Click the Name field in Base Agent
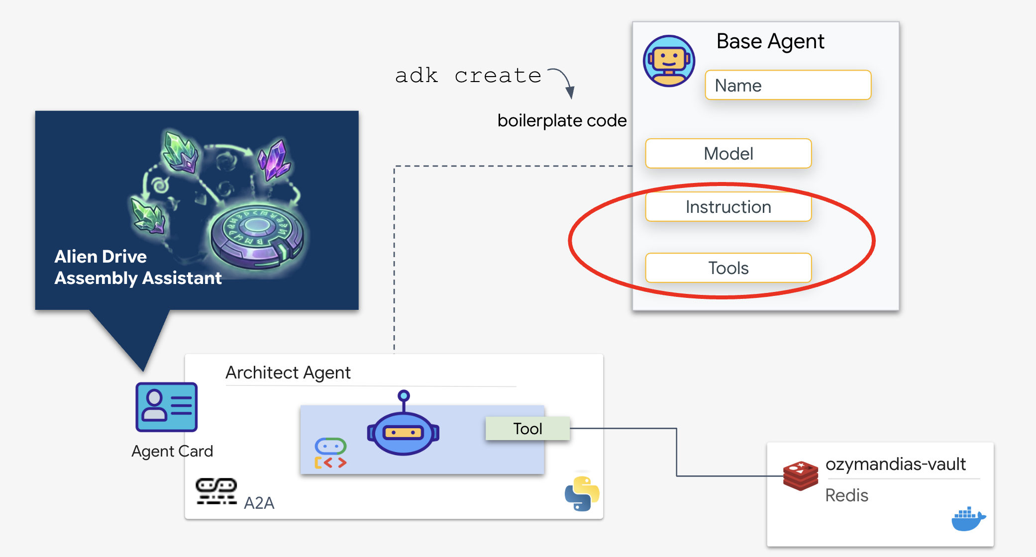788,85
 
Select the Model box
728,154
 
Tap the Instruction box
728,207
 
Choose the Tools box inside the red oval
728,268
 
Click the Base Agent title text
770,41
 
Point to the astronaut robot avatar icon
669,61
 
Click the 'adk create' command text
468,76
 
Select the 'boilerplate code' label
562,120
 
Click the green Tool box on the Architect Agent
527,428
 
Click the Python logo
582,493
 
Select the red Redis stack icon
800,475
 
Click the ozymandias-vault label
895,464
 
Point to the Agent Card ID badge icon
167,407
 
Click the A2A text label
259,503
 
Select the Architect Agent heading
288,372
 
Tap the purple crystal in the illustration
274,159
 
